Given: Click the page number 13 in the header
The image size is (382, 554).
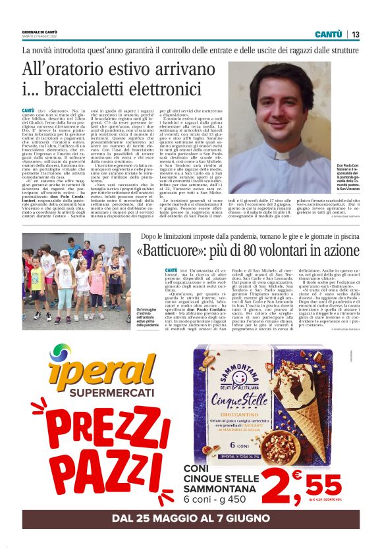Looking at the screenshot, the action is pyautogui.click(x=356, y=34).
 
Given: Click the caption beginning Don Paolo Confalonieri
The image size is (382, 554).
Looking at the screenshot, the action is pyautogui.click(x=347, y=176).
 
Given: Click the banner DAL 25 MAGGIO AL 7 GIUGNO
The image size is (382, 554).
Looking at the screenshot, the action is pyautogui.click(x=190, y=519).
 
